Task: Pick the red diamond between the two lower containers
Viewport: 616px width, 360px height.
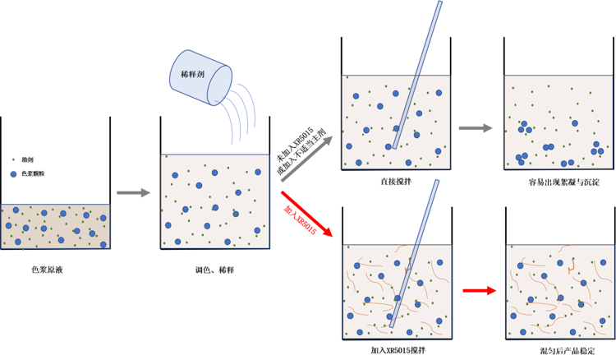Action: pyautogui.click(x=479, y=290)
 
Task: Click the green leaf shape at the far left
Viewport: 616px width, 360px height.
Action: pyautogui.click(x=12, y=155)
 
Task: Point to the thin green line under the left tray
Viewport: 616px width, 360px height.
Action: pyautogui.click(x=23, y=256)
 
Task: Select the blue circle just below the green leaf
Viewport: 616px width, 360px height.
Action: pyautogui.click(x=13, y=174)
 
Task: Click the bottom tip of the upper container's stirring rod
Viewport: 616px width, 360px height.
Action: pyautogui.click(x=394, y=148)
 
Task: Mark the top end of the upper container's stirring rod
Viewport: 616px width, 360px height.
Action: pyautogui.click(x=439, y=5)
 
